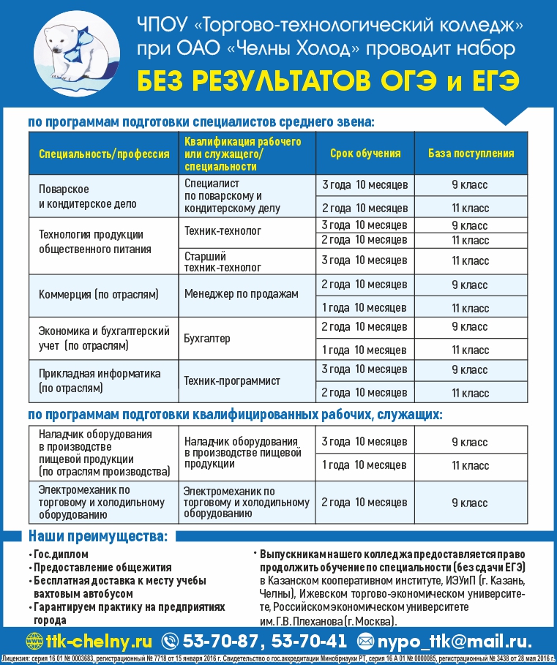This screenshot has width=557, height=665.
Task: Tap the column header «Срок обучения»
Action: point(365,154)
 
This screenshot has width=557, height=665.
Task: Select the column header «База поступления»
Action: point(471,154)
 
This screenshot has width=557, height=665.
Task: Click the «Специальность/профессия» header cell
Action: point(104,154)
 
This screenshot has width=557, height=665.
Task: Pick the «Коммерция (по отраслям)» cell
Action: point(99,293)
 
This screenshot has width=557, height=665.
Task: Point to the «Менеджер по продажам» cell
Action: point(242,294)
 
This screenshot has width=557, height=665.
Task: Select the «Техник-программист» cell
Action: point(232,381)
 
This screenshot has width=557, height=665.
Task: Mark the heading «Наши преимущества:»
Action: point(97,536)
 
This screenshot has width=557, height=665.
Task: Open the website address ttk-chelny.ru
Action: point(99,642)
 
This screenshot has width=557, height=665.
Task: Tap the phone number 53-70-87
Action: point(220,642)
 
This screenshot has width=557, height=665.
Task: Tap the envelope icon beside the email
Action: point(365,642)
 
